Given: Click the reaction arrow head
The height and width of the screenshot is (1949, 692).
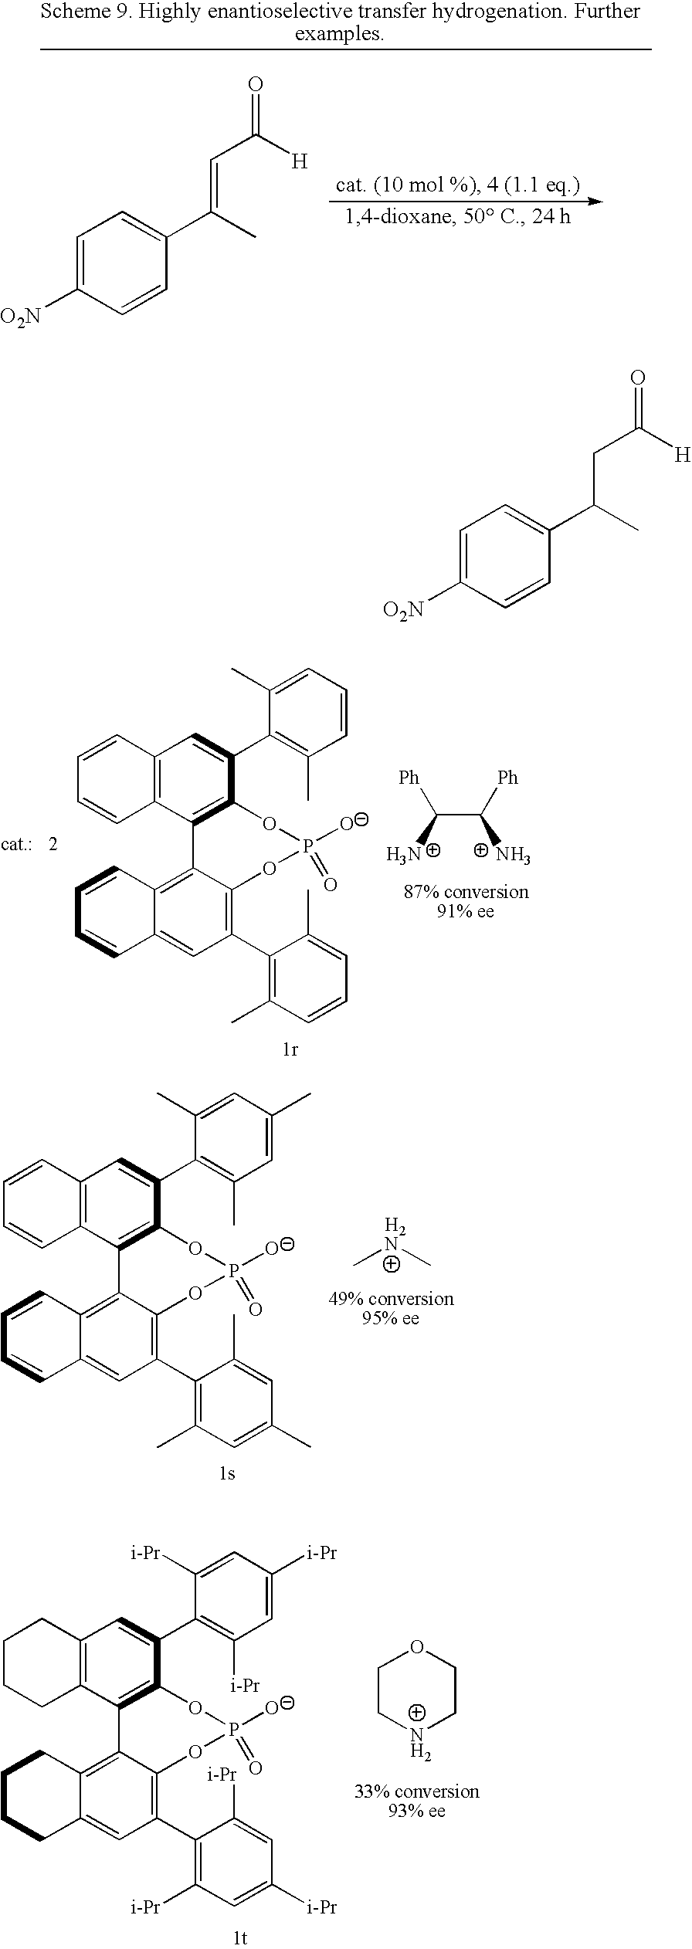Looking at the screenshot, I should pos(595,202).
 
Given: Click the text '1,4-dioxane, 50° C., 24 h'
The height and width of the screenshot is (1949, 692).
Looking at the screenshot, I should pos(458,217).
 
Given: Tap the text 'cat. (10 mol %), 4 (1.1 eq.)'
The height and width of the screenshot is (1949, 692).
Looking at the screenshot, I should pos(458,185).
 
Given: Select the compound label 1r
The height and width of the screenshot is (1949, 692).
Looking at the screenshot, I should pos(290,1050).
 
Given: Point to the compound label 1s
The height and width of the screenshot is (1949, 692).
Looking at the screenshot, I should pos(226,1473).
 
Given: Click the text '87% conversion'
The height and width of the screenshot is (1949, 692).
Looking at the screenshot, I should pos(466,892).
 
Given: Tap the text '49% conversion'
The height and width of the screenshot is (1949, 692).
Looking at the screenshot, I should pos(391,1299).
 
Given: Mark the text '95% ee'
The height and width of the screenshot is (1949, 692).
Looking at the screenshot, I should pos(391,1317).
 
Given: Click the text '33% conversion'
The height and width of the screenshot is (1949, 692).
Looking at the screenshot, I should pos(417,1791).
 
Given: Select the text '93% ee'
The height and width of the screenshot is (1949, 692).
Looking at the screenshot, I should pos(417,1811).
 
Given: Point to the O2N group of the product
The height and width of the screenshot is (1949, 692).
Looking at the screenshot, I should pos(403,611).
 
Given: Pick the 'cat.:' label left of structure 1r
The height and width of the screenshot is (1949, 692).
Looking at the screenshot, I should pos(17,844).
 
